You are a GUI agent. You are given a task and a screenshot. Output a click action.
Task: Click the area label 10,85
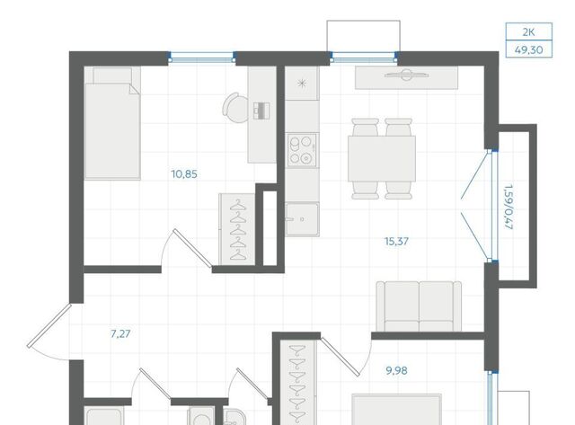point(184,174)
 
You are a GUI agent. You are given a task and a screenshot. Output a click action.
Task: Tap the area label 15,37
point(396,242)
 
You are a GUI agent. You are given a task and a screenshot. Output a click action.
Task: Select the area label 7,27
point(120,334)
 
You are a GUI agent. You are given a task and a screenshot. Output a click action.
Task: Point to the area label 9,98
point(396,371)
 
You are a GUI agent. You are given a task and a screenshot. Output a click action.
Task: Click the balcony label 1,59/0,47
point(509,208)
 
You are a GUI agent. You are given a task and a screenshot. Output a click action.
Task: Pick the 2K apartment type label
point(528,32)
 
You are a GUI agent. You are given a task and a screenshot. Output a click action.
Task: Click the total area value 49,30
point(529,50)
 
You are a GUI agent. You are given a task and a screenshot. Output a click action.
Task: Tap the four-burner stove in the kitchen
point(302,150)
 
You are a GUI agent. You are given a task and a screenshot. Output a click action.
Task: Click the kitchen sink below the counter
point(302,219)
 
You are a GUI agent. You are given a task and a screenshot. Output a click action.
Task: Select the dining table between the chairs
point(381,158)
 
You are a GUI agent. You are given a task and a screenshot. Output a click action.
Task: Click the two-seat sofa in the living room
point(419,306)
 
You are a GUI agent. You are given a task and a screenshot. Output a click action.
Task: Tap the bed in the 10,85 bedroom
point(112,123)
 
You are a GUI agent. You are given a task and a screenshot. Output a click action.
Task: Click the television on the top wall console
point(406,75)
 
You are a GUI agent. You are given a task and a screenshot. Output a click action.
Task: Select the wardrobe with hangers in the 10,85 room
point(237,229)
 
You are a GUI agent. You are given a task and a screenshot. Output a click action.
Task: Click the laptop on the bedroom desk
point(261,111)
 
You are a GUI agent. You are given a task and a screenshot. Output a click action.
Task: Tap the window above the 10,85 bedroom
point(201,58)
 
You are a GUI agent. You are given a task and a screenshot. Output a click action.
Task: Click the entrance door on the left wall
point(49,325)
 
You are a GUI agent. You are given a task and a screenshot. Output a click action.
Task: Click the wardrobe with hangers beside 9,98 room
point(297,382)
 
